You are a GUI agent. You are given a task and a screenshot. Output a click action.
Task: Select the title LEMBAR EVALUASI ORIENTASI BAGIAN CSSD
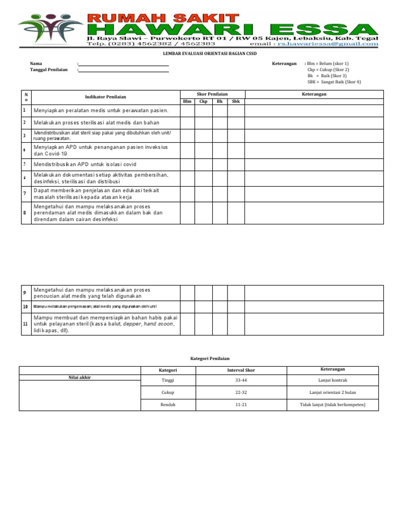point(210,54)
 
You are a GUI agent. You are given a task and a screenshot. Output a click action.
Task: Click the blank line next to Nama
point(124,64)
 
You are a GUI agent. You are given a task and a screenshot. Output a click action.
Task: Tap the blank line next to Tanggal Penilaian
point(124,70)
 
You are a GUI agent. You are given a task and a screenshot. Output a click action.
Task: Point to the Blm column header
point(187,102)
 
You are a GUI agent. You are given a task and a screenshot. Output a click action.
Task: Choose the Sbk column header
point(236,102)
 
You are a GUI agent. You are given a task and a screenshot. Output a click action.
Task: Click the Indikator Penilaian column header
point(106,97)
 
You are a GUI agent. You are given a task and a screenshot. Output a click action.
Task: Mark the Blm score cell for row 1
point(187,111)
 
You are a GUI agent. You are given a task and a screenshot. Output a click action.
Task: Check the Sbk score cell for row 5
point(236,164)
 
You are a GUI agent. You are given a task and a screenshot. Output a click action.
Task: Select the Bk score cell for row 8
point(220,213)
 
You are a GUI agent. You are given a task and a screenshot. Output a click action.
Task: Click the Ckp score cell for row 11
point(203,324)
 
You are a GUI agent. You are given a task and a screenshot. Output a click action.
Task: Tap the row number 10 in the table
point(25,306)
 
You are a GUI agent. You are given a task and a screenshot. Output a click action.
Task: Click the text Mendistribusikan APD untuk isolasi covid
point(85,164)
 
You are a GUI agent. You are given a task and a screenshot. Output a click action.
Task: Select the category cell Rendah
point(168,405)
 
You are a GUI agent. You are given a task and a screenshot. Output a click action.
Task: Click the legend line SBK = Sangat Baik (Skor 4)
point(334,82)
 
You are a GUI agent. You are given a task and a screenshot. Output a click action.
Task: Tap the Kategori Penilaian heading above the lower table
point(210,357)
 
